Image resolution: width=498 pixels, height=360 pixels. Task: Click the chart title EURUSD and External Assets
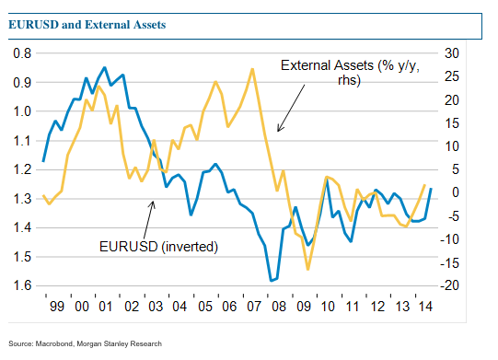click(x=87, y=25)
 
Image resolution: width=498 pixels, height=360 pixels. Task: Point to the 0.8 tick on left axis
click(x=21, y=52)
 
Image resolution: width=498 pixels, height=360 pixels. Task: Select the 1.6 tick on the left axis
click(x=21, y=285)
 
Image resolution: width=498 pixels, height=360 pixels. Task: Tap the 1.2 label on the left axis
click(x=21, y=169)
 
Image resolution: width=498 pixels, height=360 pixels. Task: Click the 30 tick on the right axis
click(x=451, y=52)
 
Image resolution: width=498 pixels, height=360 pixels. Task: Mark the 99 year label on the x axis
click(x=55, y=307)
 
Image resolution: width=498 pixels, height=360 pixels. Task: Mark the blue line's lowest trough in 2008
click(x=272, y=280)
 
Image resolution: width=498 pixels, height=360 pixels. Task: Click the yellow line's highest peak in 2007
click(x=252, y=69)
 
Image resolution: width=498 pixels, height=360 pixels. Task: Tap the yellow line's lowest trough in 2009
click(x=307, y=269)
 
